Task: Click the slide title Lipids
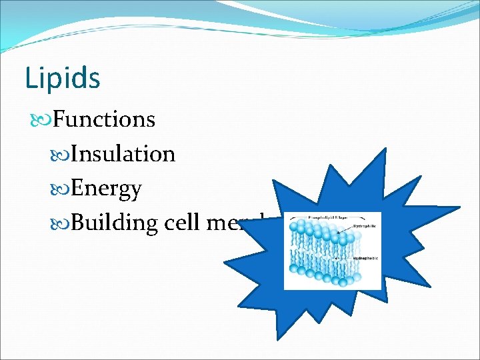(63, 78)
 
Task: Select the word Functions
(103, 119)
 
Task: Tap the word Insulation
(123, 154)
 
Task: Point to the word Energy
(105, 189)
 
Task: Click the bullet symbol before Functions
(40, 120)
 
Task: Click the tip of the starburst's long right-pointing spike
(459, 208)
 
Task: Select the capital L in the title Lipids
(30, 78)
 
